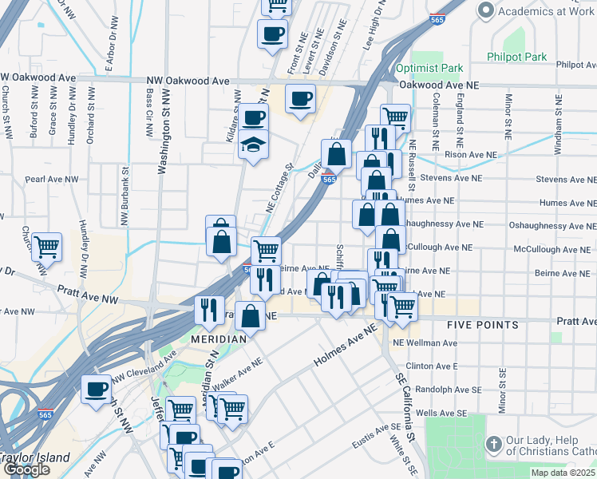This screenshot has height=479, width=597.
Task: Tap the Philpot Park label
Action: click(517, 57)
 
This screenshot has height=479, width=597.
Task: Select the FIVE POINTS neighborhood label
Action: click(483, 325)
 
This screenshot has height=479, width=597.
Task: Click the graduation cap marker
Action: click(253, 146)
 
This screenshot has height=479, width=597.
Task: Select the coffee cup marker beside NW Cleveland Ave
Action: click(97, 390)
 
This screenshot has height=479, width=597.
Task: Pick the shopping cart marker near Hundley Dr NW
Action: click(47, 247)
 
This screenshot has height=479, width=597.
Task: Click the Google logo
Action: click(26, 469)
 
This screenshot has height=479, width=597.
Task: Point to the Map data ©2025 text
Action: click(563, 473)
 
